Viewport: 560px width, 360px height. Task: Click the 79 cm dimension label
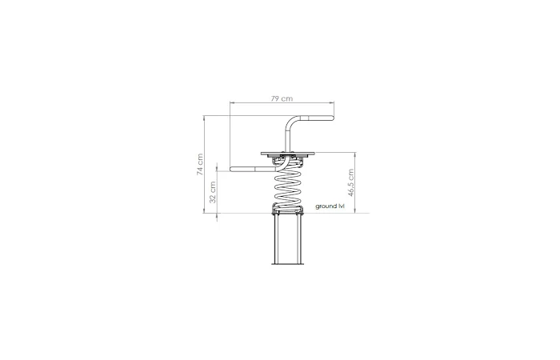click(x=282, y=98)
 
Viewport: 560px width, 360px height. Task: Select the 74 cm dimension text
click(x=200, y=164)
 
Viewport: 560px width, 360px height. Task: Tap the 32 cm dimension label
click(x=213, y=192)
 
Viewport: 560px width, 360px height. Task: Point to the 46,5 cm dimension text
click(x=350, y=183)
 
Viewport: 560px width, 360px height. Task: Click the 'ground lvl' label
click(x=330, y=206)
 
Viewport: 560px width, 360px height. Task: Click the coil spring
click(x=288, y=186)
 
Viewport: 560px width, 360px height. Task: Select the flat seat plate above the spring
click(x=288, y=154)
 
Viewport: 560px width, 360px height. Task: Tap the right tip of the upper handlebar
click(x=334, y=118)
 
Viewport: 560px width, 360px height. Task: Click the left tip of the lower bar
click(x=231, y=170)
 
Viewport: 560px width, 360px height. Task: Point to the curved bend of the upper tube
click(x=290, y=121)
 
